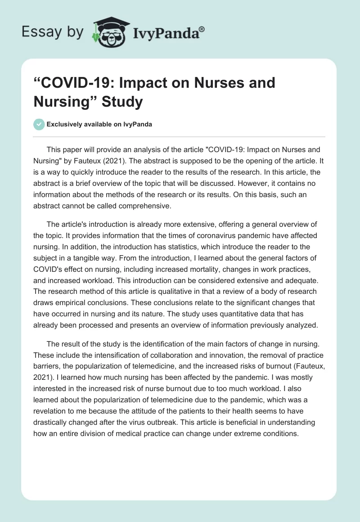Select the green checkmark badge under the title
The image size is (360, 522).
39,124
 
